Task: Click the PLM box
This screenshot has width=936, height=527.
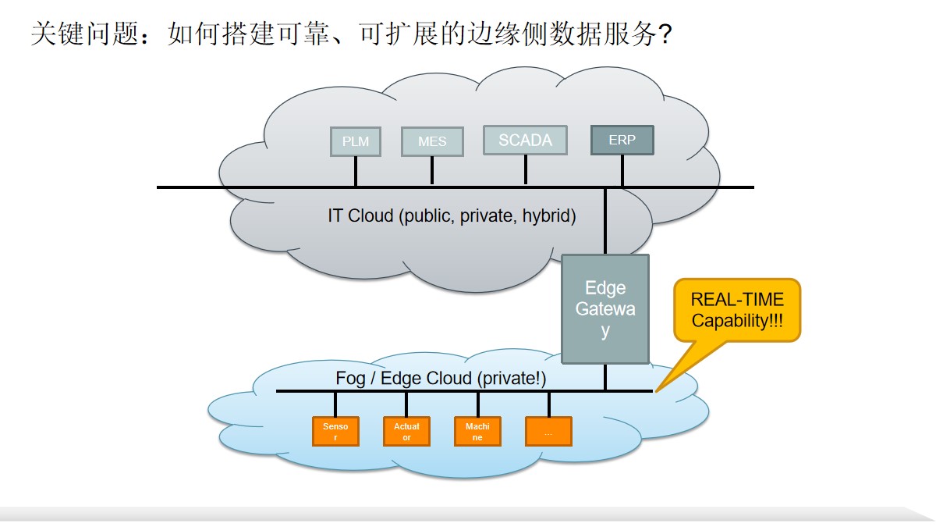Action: click(355, 141)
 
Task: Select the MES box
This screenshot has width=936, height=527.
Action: click(432, 141)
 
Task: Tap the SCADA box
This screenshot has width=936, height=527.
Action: click(525, 141)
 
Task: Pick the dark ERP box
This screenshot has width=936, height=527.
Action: click(622, 141)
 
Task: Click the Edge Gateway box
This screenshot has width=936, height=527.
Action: click(605, 309)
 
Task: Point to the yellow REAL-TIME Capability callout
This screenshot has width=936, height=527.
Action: click(737, 310)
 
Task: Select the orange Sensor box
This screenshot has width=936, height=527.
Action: click(335, 431)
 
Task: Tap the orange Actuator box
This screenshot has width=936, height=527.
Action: click(406, 431)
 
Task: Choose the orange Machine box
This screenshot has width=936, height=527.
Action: click(477, 431)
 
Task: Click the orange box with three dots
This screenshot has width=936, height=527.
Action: click(548, 431)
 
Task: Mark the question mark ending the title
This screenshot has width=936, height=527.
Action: click(664, 34)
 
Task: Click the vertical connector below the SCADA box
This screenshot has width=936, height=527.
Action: click(525, 169)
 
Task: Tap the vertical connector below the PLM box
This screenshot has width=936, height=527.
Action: click(355, 171)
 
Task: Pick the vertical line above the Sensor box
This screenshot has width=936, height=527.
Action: click(335, 404)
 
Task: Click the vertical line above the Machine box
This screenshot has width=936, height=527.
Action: click(477, 404)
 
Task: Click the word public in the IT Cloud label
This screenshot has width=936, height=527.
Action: click(427, 215)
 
